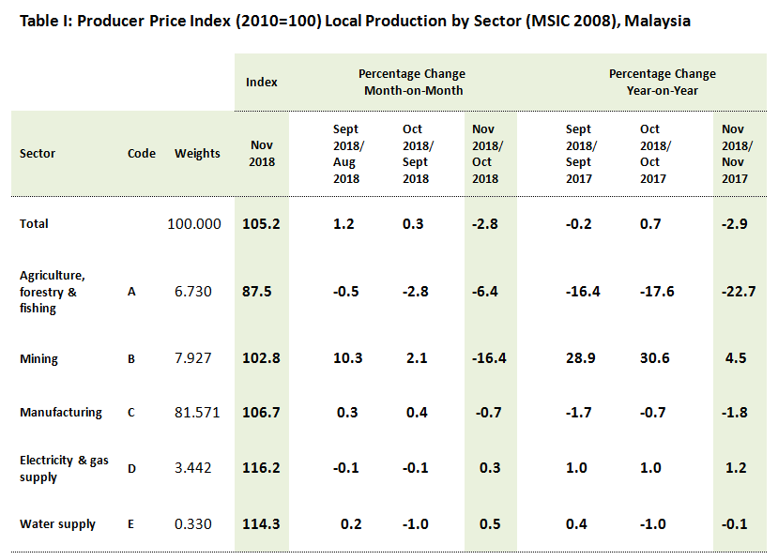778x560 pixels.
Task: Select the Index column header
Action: (262, 82)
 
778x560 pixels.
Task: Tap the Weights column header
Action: (197, 154)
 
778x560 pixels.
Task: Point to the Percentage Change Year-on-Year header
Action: (663, 82)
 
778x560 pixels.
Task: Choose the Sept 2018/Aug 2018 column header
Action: (346, 154)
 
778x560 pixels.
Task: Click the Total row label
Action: (34, 224)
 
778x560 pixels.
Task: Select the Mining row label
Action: (38, 359)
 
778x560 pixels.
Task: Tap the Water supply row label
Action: (57, 524)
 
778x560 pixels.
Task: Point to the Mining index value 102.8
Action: (263, 359)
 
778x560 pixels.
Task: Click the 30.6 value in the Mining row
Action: (650, 359)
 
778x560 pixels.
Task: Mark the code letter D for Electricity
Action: (132, 468)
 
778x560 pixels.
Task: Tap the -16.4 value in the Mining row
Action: (486, 359)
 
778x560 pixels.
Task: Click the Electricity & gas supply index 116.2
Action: (263, 468)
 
